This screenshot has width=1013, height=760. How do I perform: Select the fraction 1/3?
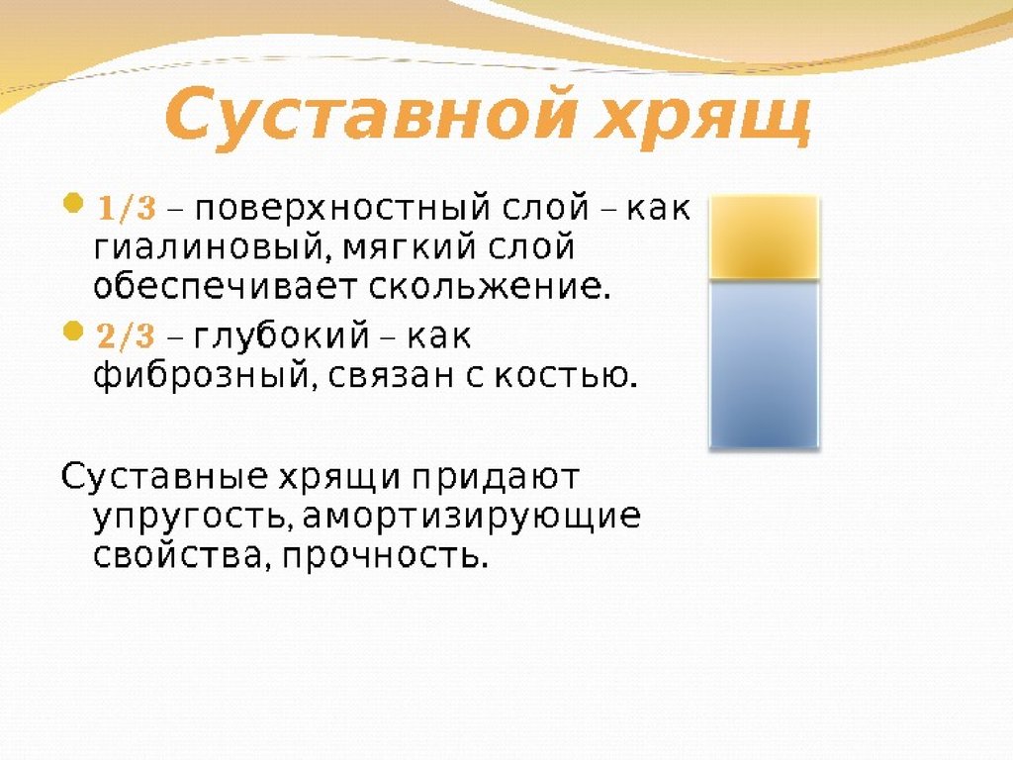[128, 208]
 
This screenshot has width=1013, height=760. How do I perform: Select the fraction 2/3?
[127, 336]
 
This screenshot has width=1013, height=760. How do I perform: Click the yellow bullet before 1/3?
[74, 203]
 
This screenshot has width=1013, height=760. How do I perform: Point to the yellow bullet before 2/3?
[74, 331]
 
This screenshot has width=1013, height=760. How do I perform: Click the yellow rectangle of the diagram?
[765, 237]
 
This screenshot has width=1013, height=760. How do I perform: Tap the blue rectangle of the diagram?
[765, 364]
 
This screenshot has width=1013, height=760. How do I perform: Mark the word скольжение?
[489, 287]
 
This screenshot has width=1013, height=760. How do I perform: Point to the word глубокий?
[282, 336]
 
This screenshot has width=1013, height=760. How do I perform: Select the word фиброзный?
[205, 376]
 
